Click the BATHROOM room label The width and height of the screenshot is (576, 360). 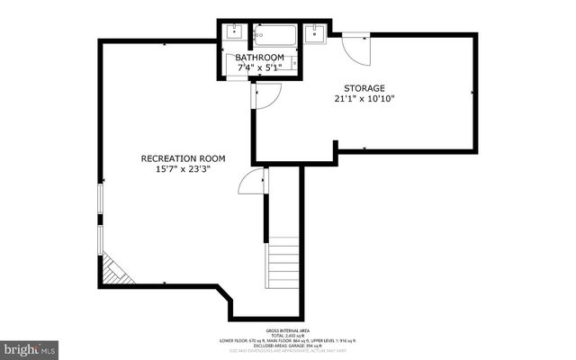coord(260,58)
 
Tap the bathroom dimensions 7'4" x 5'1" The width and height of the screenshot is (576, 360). coord(260,67)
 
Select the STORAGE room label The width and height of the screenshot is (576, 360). coord(364,88)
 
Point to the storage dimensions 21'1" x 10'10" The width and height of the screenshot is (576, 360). coord(364,99)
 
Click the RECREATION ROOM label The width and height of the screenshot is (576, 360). coord(183,158)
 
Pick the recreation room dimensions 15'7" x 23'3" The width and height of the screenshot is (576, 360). coord(183,169)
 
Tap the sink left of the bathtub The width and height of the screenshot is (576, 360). coord(236,34)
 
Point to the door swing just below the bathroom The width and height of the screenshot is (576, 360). coord(267,95)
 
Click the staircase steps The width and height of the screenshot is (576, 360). coord(283,263)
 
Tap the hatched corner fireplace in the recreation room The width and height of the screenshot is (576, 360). coord(114,269)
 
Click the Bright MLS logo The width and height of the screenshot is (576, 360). coord(30,346)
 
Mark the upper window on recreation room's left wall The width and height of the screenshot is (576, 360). coord(99,202)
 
